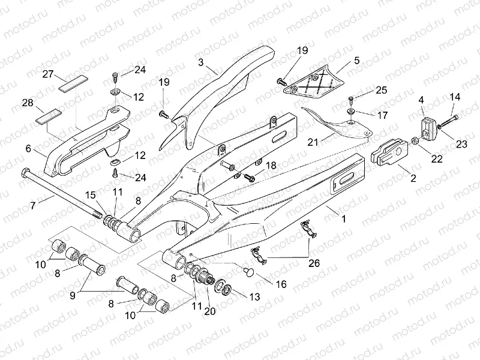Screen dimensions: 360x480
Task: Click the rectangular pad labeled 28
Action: [x=49, y=115]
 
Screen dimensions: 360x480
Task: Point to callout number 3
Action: [x=201, y=62]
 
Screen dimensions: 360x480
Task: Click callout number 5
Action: [x=356, y=61]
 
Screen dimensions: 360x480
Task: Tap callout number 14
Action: [x=455, y=97]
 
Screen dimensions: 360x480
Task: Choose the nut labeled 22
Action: [x=414, y=142]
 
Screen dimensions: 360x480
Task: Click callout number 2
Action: [x=413, y=178]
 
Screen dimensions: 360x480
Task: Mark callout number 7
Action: [x=34, y=205]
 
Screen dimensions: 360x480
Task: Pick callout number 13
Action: [x=254, y=296]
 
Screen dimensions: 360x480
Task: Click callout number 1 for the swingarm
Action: [x=344, y=220]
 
